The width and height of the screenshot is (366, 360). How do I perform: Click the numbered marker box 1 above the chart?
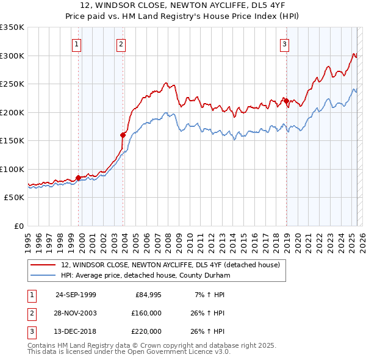coord(77,44)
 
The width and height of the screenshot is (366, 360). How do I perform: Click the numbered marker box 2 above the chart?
coord(121,44)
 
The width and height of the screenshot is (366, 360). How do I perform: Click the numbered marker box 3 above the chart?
coord(284,44)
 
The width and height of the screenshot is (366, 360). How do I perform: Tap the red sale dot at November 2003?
coord(123,135)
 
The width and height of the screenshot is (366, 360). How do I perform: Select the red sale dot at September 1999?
coord(78,178)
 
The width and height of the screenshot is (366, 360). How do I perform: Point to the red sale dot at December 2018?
coord(285,101)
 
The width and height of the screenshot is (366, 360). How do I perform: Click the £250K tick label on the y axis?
coord(12,84)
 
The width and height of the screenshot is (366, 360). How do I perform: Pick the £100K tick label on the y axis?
coord(12,169)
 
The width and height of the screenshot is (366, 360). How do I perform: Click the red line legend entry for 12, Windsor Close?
coord(170,265)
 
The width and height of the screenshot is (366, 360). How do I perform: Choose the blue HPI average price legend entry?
coord(145,275)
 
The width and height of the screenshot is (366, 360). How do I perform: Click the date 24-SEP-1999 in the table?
coord(76,295)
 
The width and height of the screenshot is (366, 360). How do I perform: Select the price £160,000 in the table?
coord(146,313)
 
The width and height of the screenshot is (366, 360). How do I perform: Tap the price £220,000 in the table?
coord(146,331)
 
